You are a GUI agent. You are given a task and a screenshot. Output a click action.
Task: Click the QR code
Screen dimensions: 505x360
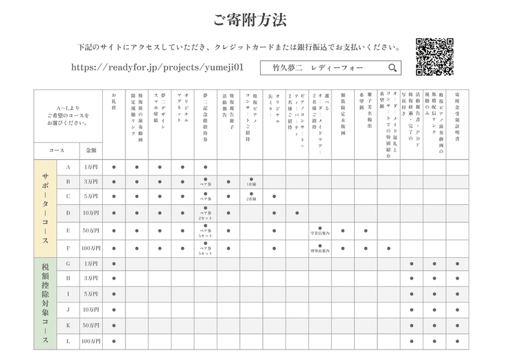click(x=434, y=56)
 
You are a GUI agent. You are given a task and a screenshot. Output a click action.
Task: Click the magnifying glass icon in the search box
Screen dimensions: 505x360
click(x=392, y=68)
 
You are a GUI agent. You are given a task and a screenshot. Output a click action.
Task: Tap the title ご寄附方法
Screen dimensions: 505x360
click(x=250, y=20)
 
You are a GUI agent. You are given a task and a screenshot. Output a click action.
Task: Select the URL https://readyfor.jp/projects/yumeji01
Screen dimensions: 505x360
click(x=157, y=68)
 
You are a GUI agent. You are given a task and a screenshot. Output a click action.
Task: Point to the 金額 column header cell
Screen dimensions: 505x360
click(x=91, y=149)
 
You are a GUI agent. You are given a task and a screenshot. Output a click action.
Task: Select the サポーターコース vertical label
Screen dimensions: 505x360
click(x=45, y=208)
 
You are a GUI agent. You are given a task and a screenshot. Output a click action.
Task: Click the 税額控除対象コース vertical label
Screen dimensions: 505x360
click(x=45, y=303)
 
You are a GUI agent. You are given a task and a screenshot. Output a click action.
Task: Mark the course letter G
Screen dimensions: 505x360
click(x=68, y=263)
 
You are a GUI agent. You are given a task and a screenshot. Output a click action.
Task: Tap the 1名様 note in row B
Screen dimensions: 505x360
click(x=251, y=184)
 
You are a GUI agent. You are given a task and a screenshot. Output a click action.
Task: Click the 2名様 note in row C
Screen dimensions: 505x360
click(x=251, y=199)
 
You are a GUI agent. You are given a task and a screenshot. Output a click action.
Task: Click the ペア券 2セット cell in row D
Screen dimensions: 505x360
click(x=205, y=215)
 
